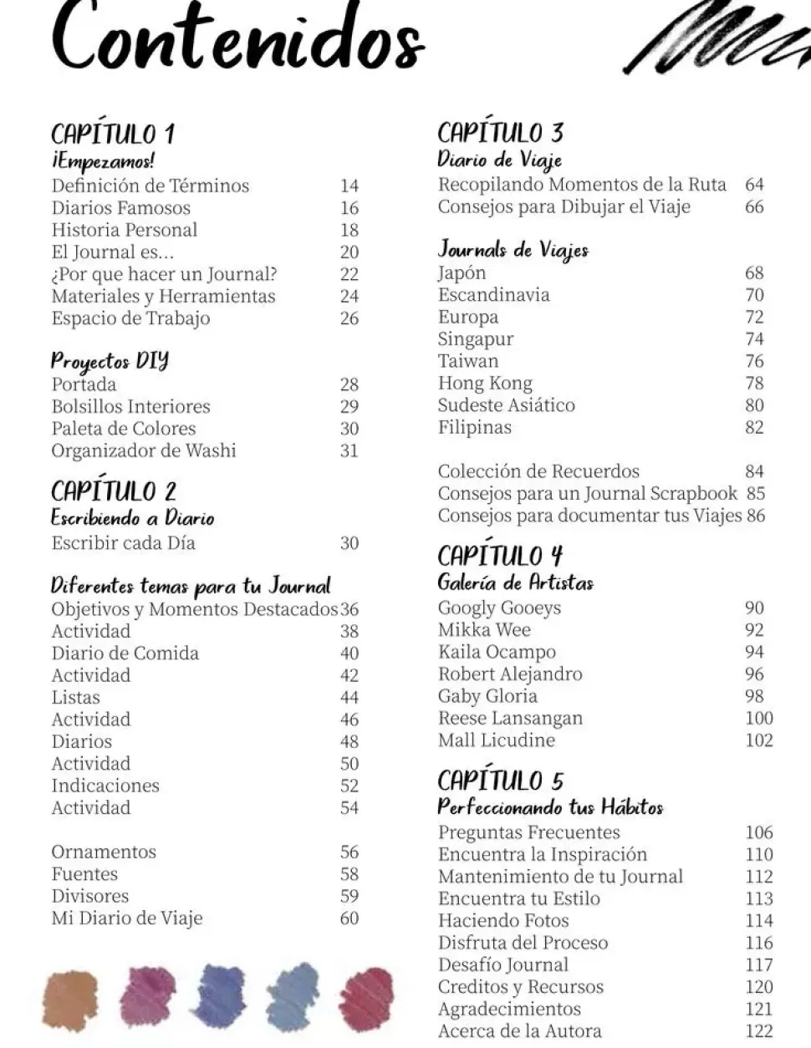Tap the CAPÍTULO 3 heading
(x=500, y=132)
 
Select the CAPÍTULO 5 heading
(x=500, y=781)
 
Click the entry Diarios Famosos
(x=120, y=208)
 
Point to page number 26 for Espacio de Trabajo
(x=349, y=318)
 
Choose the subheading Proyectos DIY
(x=110, y=361)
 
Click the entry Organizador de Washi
(x=144, y=450)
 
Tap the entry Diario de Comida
(x=125, y=654)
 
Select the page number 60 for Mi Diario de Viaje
(x=349, y=918)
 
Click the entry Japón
(x=462, y=273)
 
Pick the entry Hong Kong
(x=485, y=384)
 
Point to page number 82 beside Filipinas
(x=754, y=428)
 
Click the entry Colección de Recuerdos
(x=538, y=471)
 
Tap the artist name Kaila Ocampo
(x=497, y=652)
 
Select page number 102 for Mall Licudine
(x=759, y=740)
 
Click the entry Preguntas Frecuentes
(x=528, y=832)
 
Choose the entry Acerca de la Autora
(x=519, y=1031)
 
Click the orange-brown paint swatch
(x=69, y=999)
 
